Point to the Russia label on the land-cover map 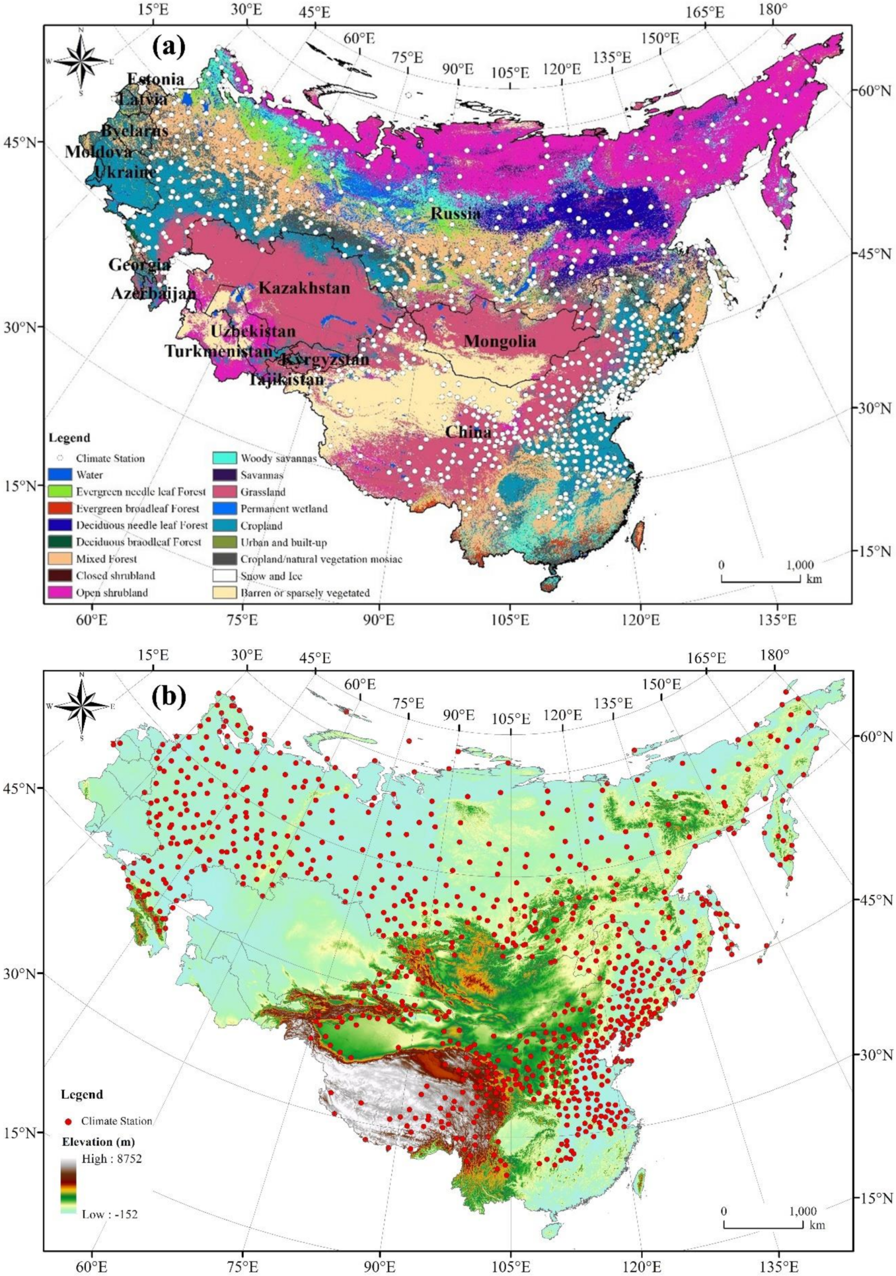coord(456,213)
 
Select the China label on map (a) coord(468,432)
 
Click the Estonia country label coord(156,79)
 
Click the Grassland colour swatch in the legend coord(224,492)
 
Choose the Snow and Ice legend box coord(224,576)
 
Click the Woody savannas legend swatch coord(224,458)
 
